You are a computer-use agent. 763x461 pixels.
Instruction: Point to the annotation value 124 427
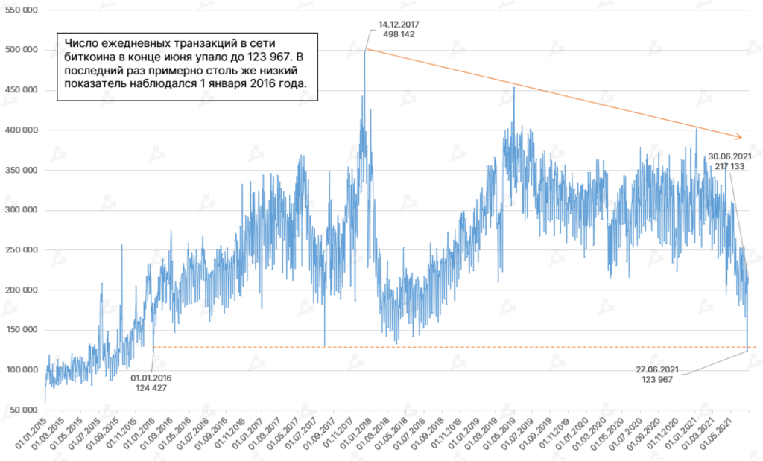pyautogui.click(x=153, y=388)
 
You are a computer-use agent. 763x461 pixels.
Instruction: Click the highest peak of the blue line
pyautogui.click(x=365, y=51)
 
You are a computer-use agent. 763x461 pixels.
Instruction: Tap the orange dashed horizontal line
pyautogui.click(x=447, y=347)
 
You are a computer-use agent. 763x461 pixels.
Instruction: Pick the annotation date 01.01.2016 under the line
pyautogui.click(x=153, y=378)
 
